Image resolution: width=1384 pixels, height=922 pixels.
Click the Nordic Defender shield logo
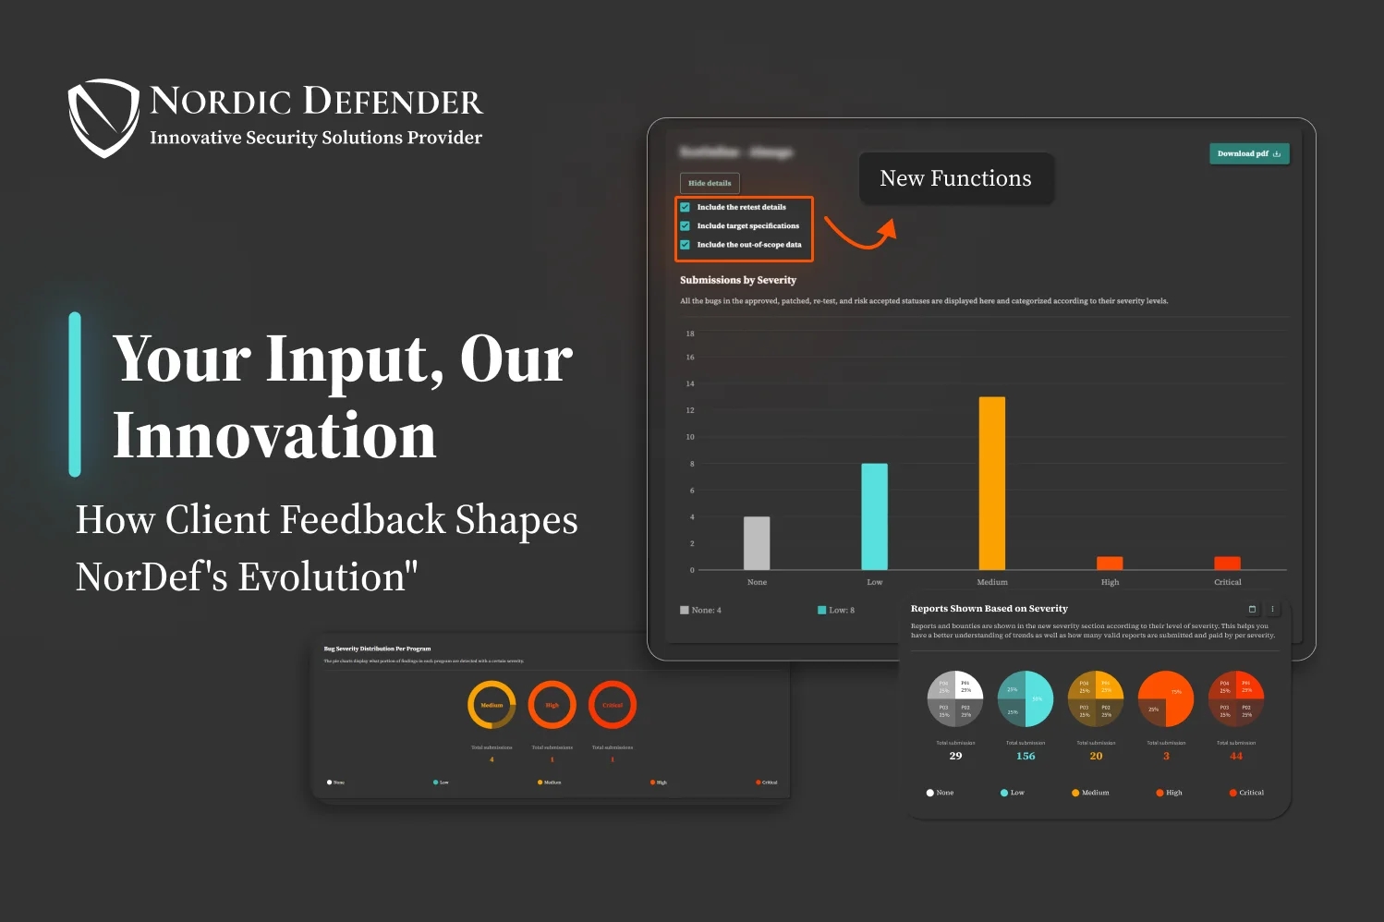tap(103, 117)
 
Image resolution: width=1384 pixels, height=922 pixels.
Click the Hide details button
tap(710, 183)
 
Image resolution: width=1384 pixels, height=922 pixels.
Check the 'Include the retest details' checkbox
tap(686, 207)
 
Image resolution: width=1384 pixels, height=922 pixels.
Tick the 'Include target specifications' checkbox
tap(686, 225)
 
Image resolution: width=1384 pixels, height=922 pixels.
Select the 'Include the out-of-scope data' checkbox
tap(686, 245)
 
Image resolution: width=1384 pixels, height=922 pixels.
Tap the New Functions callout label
tap(955, 178)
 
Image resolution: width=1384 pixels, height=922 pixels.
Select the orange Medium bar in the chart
tap(991, 483)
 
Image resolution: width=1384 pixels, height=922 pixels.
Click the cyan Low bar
tap(874, 516)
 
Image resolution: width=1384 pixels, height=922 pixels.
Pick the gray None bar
tap(757, 543)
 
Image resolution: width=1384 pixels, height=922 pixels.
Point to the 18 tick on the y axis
tap(690, 334)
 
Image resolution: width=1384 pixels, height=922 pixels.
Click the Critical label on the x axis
tap(1227, 582)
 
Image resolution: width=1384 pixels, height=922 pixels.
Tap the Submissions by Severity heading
tap(738, 280)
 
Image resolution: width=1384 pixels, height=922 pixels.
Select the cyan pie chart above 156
tap(1026, 698)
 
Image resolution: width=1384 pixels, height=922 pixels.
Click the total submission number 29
tap(955, 756)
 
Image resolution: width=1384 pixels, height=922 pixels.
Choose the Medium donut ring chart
tap(492, 705)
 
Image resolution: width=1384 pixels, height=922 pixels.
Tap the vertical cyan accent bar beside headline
tap(75, 394)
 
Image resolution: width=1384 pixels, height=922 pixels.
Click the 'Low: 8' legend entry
tap(836, 610)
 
